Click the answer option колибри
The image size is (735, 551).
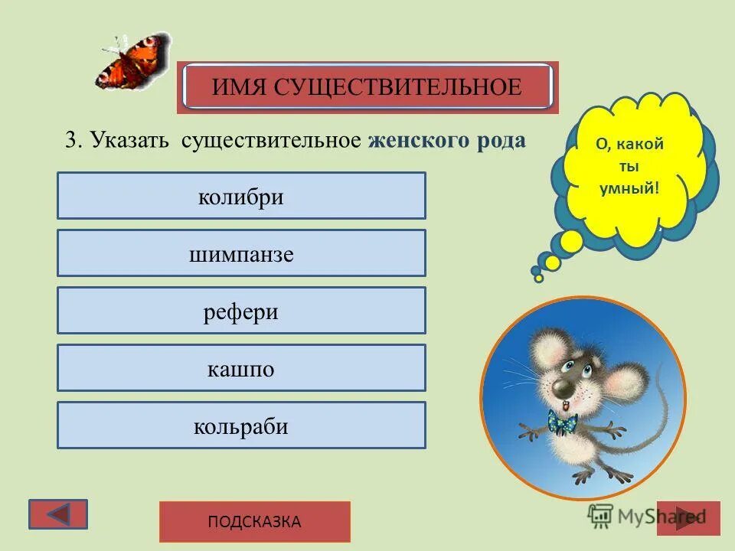coord(241,196)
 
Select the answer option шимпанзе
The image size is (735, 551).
coord(241,253)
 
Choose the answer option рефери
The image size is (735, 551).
coord(241,311)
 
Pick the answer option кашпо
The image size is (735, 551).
coord(241,368)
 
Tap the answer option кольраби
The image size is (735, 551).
coord(241,425)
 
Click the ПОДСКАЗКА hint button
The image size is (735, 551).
coord(254,522)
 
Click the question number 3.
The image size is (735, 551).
coord(71,140)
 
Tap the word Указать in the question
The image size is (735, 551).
coord(131,140)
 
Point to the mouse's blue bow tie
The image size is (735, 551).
coord(562,422)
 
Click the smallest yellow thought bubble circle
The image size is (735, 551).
coord(538,278)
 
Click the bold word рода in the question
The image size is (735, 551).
coord(503,140)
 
